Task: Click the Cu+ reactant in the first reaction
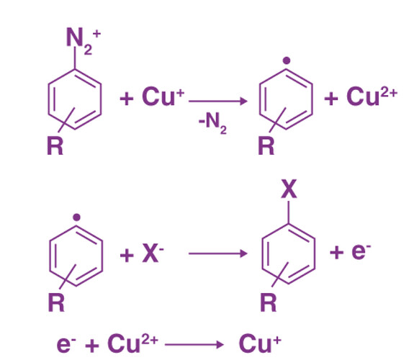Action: point(163,96)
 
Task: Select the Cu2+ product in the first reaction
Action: point(372,96)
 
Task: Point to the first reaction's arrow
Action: point(218,101)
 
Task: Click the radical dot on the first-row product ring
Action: point(287,60)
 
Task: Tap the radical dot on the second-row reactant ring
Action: point(76,217)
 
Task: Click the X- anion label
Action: point(153,253)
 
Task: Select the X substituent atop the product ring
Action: point(289,189)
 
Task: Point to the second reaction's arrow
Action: point(218,254)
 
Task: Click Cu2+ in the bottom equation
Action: point(132,343)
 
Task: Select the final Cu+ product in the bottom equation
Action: point(260,343)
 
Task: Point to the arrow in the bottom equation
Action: point(194,344)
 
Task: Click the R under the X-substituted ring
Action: point(268,302)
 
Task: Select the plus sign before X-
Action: point(127,256)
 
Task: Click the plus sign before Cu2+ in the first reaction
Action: point(331,99)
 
